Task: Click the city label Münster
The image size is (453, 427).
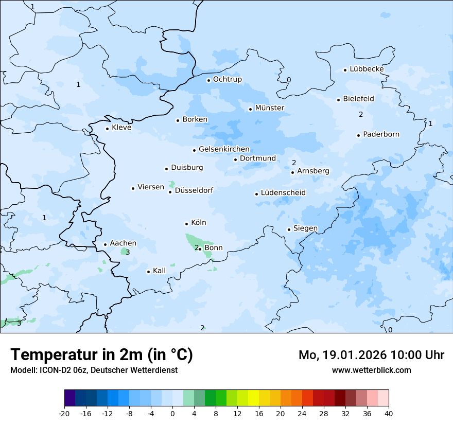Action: point(269,108)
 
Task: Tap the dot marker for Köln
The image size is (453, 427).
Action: point(186,224)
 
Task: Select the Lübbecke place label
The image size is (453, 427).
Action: point(367,69)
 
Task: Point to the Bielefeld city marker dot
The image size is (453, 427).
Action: point(339,100)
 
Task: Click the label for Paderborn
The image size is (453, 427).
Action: point(381,134)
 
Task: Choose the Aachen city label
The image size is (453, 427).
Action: point(123,243)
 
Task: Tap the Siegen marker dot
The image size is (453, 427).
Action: point(289,230)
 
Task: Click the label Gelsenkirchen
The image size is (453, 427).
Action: point(224,149)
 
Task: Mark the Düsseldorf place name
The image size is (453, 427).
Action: point(194,190)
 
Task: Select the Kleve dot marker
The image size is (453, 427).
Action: point(107,129)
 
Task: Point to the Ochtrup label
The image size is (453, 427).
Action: point(227,79)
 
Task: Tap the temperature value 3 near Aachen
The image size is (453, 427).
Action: point(128,252)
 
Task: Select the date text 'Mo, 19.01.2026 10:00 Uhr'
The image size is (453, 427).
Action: point(371,355)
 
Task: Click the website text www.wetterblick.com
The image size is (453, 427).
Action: point(371,370)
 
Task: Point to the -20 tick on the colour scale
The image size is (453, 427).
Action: point(64,413)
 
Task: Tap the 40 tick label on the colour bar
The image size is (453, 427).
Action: point(389,413)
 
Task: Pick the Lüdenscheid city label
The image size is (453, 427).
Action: point(283,193)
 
